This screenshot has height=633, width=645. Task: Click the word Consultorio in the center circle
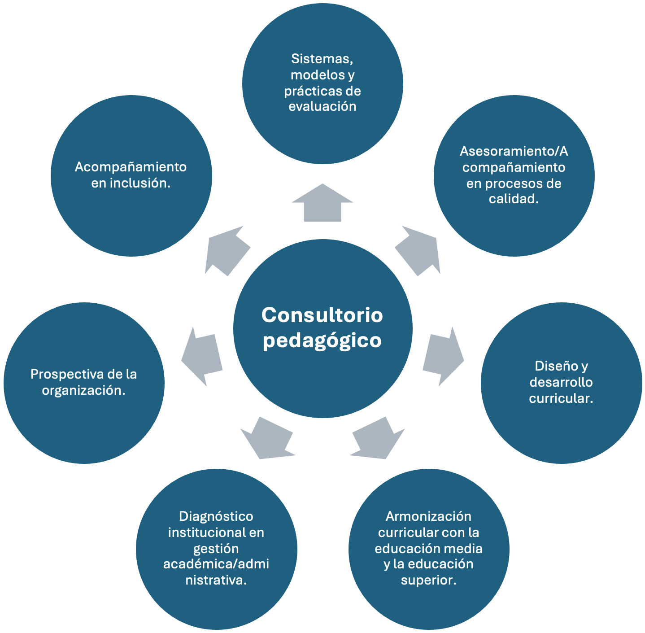322,315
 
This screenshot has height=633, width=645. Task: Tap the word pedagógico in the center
322,341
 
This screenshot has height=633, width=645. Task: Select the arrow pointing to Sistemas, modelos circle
322,204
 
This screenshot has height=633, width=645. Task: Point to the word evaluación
322,106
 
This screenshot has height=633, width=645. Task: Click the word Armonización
428,516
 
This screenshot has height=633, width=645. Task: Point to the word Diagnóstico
216,516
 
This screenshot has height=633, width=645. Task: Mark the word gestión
216,549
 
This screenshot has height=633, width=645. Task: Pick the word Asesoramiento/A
514,151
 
